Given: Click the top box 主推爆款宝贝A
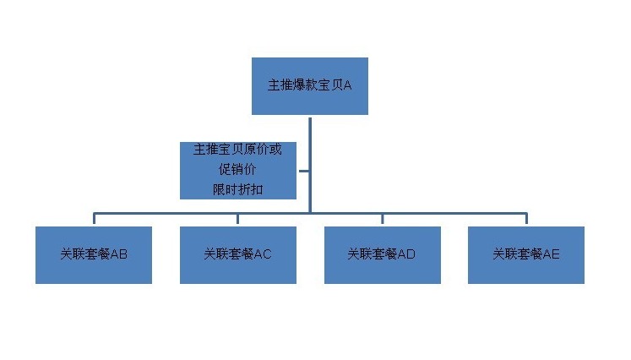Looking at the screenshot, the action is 310,85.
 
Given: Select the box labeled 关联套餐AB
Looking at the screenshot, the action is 94,255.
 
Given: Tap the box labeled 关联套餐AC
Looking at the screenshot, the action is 238,255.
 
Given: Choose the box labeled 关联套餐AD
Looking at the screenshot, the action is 383,255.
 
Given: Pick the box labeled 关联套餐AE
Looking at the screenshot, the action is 526,255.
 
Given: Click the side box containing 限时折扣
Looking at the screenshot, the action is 238,171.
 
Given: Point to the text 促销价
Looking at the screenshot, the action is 237,169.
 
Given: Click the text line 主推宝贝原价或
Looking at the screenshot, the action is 237,150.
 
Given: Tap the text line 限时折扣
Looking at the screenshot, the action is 238,189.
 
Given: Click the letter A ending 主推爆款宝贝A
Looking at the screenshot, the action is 347,85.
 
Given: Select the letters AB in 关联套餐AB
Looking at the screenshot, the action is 119,254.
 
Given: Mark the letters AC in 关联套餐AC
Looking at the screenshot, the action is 263,254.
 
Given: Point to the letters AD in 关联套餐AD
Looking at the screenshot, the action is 406,254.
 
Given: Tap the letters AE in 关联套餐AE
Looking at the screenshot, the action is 551,254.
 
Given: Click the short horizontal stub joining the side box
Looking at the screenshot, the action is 304,171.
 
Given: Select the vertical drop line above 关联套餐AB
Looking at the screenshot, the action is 94,218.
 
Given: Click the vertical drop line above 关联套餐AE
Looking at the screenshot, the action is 526,218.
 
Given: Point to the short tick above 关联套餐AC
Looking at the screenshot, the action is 238,219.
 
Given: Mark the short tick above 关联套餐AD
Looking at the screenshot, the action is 383,219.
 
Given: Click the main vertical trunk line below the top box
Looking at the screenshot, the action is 310,165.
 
